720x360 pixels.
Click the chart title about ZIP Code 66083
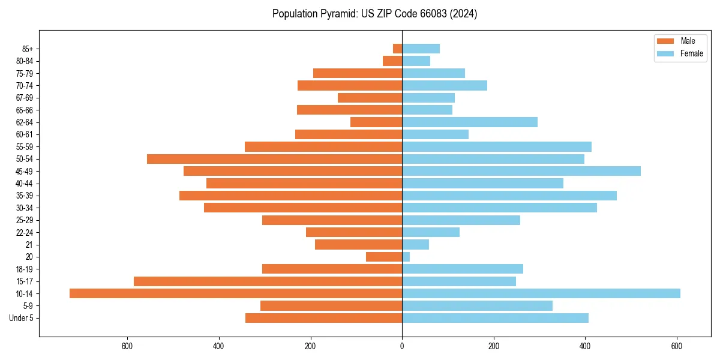pos(374,14)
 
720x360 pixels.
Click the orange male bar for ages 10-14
pos(236,293)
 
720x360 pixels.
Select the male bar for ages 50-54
pos(274,159)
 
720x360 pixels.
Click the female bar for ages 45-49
pos(521,171)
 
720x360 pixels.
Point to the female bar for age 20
pos(406,257)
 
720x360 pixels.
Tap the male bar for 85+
pos(397,49)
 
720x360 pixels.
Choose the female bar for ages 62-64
pos(470,122)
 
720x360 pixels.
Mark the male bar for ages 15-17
pos(268,281)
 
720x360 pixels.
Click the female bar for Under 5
pos(495,318)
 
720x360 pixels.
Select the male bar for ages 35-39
pos(290,196)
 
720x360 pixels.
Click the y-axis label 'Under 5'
pos(21,318)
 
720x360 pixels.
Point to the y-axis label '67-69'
pos(25,98)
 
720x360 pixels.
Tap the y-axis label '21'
pos(29,245)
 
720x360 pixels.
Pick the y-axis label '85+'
pos(26,49)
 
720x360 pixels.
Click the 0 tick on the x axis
pos(402,346)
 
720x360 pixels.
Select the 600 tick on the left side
pos(127,346)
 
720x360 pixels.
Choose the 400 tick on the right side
pos(585,346)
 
